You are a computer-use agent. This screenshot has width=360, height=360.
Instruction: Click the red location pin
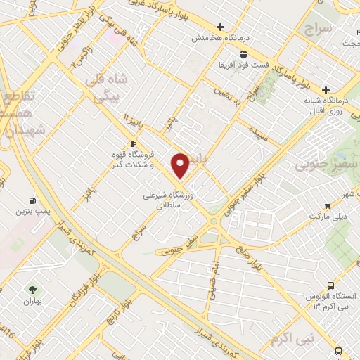pyautogui.click(x=181, y=165)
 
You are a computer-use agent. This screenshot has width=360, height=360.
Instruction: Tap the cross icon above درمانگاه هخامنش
pyautogui.click(x=220, y=27)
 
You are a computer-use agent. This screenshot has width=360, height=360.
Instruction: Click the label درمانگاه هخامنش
pyautogui.click(x=220, y=37)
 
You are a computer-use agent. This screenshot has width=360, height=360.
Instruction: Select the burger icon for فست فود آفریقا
pyautogui.click(x=243, y=54)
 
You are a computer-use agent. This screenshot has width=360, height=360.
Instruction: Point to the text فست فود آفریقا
pyautogui.click(x=243, y=65)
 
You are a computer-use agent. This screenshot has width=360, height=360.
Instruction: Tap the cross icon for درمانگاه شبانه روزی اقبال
pyautogui.click(x=326, y=90)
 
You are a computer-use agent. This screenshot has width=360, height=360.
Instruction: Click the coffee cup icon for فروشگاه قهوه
pyautogui.click(x=133, y=144)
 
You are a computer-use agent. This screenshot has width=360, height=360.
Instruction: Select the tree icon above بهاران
pyautogui.click(x=31, y=289)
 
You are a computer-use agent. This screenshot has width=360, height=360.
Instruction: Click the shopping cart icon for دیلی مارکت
pyautogui.click(x=328, y=206)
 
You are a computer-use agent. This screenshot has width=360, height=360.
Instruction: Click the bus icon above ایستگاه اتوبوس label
pyautogui.click(x=339, y=351)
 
